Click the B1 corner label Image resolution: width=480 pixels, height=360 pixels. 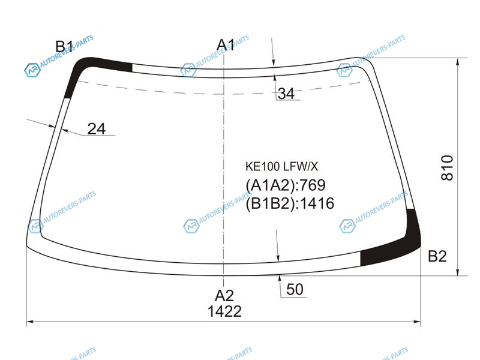tap(64, 47)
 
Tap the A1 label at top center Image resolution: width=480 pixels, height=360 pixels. tap(226, 45)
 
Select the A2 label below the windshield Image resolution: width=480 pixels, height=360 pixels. tap(224, 296)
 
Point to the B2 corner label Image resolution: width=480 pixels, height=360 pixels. tap(437, 256)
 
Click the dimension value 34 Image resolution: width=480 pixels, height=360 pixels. tap(286, 94)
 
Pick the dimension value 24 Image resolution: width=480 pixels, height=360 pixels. tap(97, 129)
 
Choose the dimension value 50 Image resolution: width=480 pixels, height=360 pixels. tap(295, 289)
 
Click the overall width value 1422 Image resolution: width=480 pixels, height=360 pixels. tap(224, 311)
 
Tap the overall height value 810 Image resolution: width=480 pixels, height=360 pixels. tap(447, 168)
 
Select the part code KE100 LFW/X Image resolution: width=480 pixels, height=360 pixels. tap(281, 167)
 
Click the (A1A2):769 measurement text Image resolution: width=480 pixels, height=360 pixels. tap(286, 185)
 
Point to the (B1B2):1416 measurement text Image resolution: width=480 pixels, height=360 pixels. tap(290, 203)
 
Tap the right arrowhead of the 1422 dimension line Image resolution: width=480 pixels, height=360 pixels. tap(417, 322)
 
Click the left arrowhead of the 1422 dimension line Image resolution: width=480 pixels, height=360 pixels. tap(30, 322)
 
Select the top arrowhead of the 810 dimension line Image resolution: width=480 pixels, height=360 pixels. tap(458, 61)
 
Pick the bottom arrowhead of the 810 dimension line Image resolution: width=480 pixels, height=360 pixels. tap(458, 272)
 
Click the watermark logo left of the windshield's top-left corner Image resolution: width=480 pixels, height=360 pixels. tap(32, 70)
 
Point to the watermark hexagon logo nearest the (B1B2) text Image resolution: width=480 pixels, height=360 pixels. tap(191, 226)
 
